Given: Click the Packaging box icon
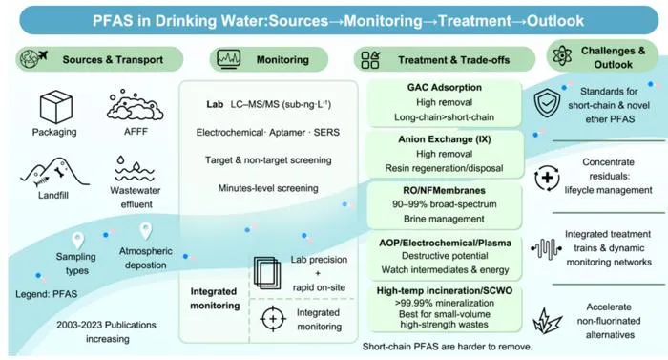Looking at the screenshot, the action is [x=56, y=107].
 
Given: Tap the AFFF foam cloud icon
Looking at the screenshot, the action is [x=135, y=105].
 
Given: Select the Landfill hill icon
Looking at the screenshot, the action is [x=54, y=173].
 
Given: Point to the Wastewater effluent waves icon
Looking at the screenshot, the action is [x=135, y=169].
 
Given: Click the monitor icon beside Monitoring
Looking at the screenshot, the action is [x=229, y=59].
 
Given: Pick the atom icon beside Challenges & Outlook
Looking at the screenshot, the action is [x=562, y=56].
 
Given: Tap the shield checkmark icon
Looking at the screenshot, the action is [x=548, y=103].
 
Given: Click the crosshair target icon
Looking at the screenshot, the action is [x=273, y=319].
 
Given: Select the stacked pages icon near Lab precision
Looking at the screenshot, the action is [x=267, y=273].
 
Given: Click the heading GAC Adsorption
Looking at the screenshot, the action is [x=445, y=88].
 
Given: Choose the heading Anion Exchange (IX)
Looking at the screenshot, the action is [x=445, y=139].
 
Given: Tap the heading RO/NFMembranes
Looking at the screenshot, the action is [x=445, y=190].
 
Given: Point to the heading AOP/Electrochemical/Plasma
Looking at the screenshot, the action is [x=445, y=243].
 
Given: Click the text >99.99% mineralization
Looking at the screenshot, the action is [x=445, y=304].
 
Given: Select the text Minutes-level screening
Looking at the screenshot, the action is [x=268, y=188].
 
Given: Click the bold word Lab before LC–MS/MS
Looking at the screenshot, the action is [x=215, y=104].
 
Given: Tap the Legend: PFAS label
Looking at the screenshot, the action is [x=47, y=294].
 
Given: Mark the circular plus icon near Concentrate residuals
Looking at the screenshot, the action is [x=547, y=178].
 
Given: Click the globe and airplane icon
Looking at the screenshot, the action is [x=33, y=59].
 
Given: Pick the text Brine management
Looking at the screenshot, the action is [x=444, y=219].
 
